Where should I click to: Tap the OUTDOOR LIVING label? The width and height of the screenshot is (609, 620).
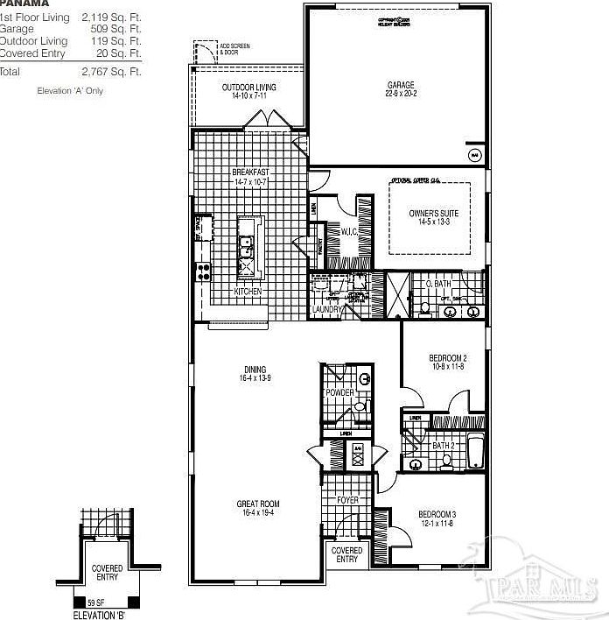pos(248,88)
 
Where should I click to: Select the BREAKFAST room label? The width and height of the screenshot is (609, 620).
pos(249,173)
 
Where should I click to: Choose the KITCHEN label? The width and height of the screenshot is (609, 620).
pos(248,292)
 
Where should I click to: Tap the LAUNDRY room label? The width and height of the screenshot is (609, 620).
pos(325,309)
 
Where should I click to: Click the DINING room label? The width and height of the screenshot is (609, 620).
pos(255,369)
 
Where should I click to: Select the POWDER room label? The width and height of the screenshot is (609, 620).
pos(339,392)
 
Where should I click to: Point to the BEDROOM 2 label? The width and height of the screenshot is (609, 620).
pos(447,358)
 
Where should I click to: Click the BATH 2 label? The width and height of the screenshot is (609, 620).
pos(444,446)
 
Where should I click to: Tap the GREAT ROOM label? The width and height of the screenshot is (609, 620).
pos(257,503)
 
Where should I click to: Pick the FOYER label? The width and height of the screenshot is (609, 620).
pos(348,500)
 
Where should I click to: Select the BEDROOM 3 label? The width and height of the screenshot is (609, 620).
pos(436,513)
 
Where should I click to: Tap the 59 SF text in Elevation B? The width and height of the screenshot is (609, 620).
pos(96,602)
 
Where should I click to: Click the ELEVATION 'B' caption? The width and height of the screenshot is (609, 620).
pos(98,614)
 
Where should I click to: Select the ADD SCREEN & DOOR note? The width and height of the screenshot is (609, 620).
pos(229,48)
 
